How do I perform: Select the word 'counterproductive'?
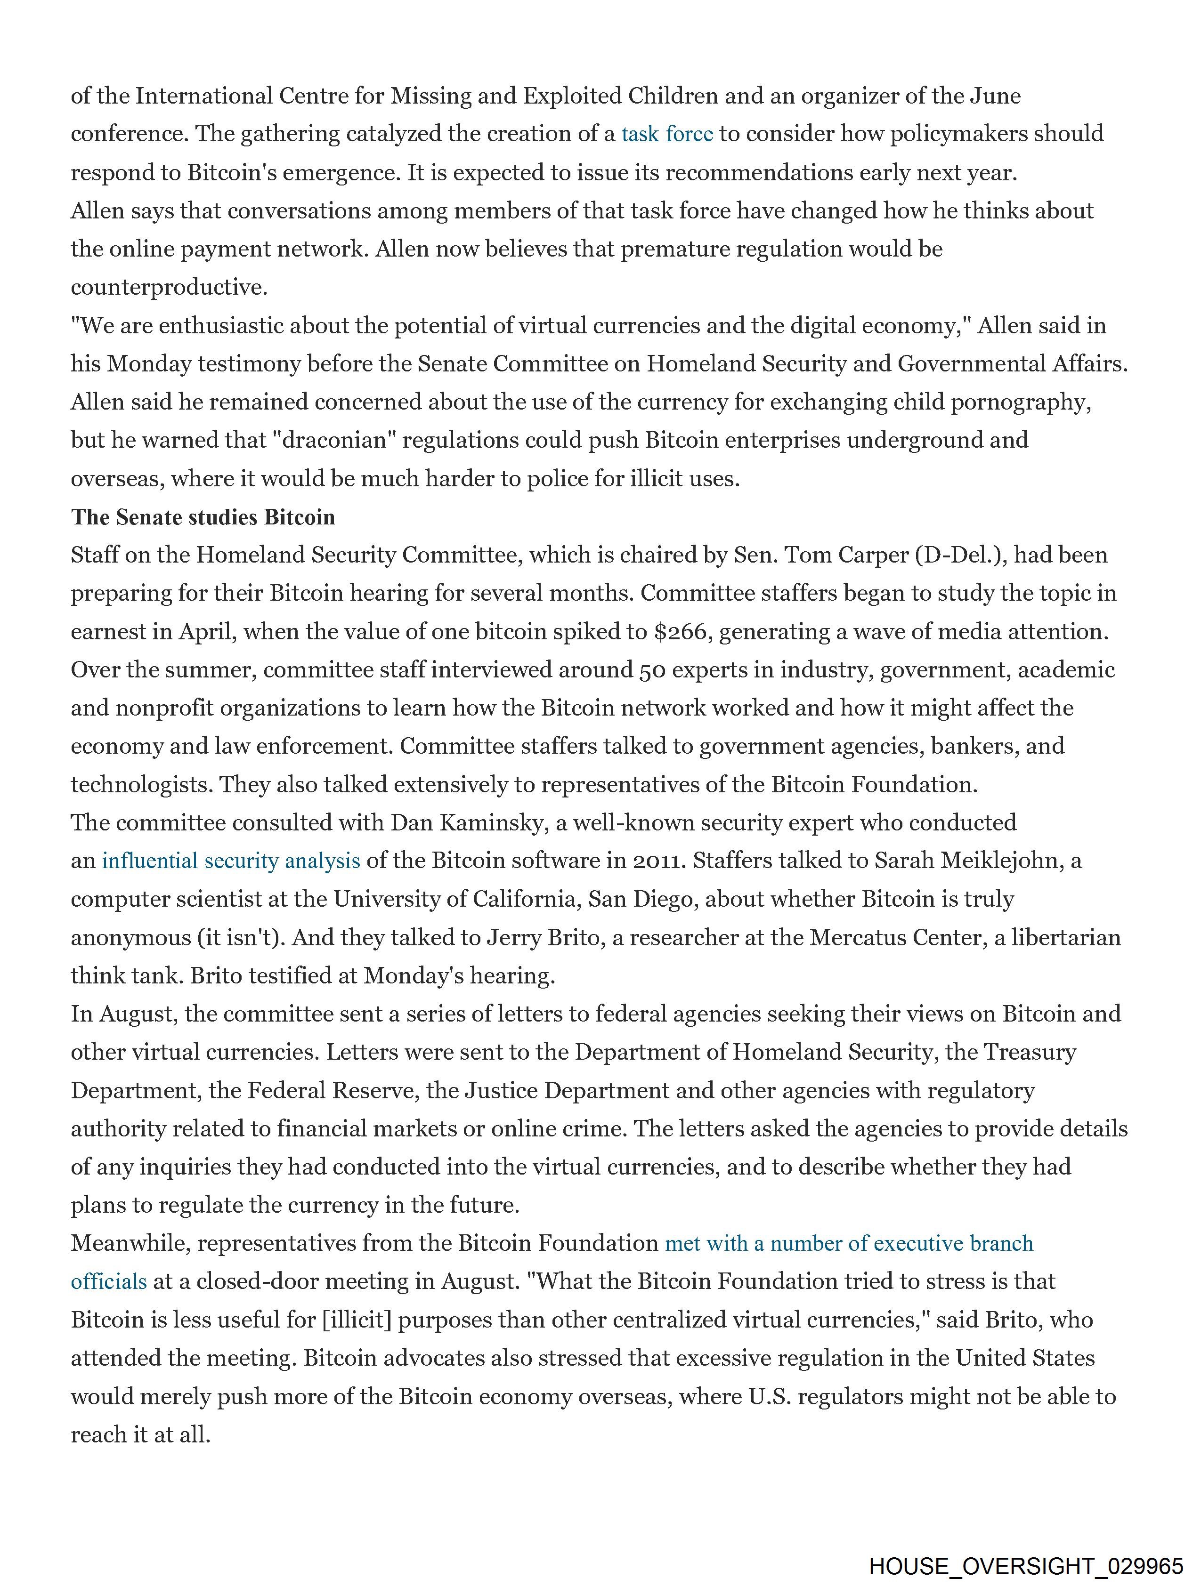click(169, 288)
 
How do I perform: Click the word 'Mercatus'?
click(860, 937)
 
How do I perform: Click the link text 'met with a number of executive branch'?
click(849, 1243)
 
